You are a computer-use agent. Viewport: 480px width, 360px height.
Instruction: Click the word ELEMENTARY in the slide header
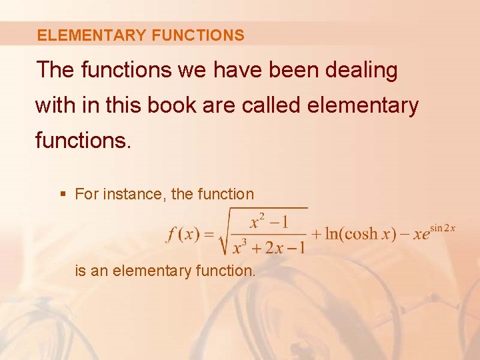point(92,35)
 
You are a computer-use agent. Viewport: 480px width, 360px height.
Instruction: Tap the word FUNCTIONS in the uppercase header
point(198,35)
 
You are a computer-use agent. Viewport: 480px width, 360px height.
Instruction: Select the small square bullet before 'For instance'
point(63,195)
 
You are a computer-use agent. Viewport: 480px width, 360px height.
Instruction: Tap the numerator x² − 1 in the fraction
point(269,221)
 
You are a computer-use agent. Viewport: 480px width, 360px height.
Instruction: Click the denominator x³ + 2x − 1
point(269,249)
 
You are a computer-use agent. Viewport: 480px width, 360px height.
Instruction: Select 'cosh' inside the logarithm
point(359,235)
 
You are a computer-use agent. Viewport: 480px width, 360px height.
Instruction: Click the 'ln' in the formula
point(330,235)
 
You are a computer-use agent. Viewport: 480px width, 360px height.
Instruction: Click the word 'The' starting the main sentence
point(56,70)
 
